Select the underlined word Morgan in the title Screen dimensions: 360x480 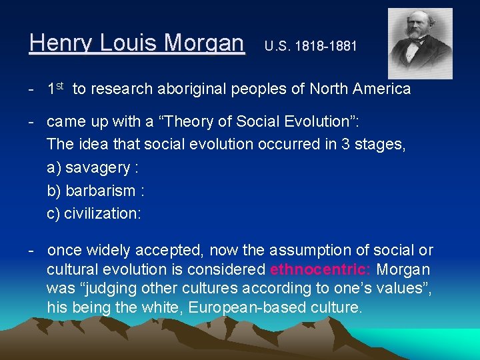(x=204, y=43)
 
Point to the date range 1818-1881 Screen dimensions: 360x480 (x=325, y=47)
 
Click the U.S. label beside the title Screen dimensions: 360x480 (x=277, y=47)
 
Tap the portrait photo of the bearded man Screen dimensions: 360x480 (x=420, y=43)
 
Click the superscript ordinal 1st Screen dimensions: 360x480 (x=55, y=88)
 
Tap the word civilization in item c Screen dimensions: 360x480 (x=101, y=213)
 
